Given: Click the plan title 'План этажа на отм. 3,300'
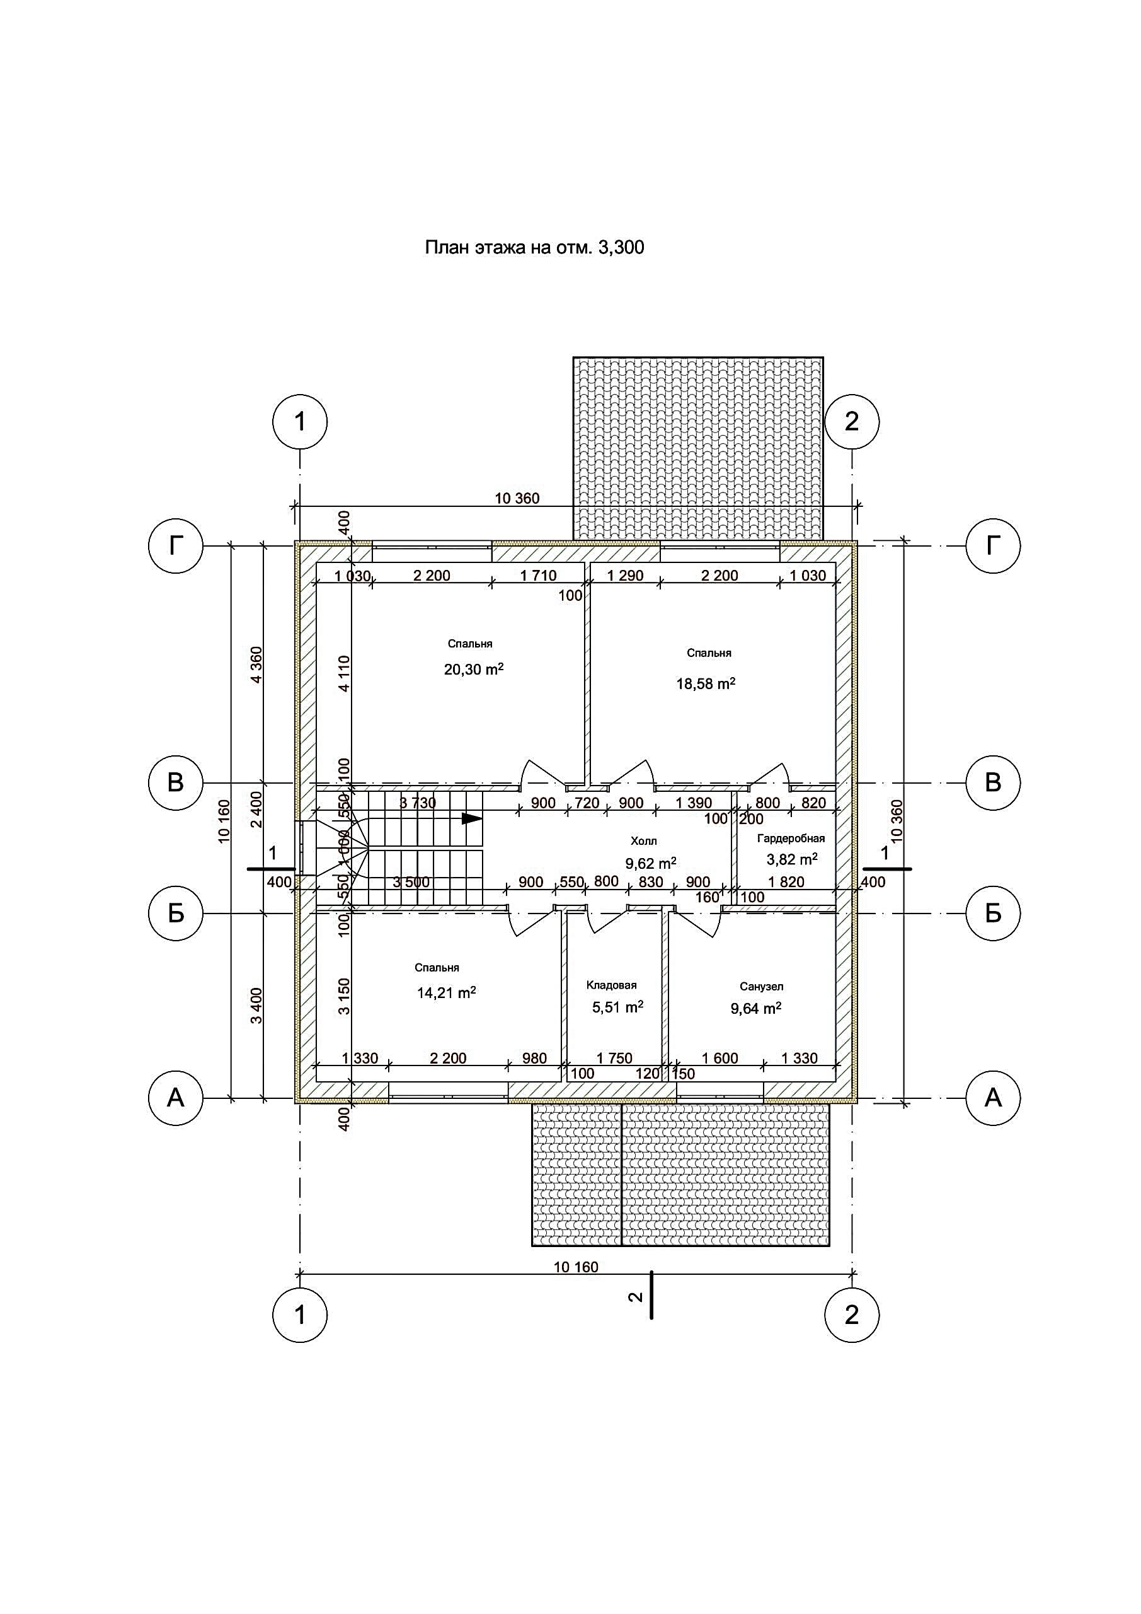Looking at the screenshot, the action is [534, 247].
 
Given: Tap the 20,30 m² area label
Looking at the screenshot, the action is [474, 668].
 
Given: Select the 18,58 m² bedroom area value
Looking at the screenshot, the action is [706, 683].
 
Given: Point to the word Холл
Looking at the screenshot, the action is [643, 842].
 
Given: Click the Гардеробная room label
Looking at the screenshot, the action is [791, 839].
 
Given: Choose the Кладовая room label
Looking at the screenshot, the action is [611, 985].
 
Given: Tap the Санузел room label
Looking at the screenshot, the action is [762, 987].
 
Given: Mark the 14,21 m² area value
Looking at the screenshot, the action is [446, 992].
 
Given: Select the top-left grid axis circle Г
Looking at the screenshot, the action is [176, 545].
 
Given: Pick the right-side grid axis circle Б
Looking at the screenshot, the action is [993, 913].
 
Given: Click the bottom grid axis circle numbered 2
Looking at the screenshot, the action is [852, 1315].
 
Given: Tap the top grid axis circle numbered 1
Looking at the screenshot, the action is [300, 422].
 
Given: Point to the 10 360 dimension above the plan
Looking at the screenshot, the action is [517, 499].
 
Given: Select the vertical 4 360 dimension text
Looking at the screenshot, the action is [256, 665].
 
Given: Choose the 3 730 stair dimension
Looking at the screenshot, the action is [418, 803].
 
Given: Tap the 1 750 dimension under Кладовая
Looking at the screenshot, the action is [615, 1058].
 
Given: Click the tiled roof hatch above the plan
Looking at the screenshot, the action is [697, 448].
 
